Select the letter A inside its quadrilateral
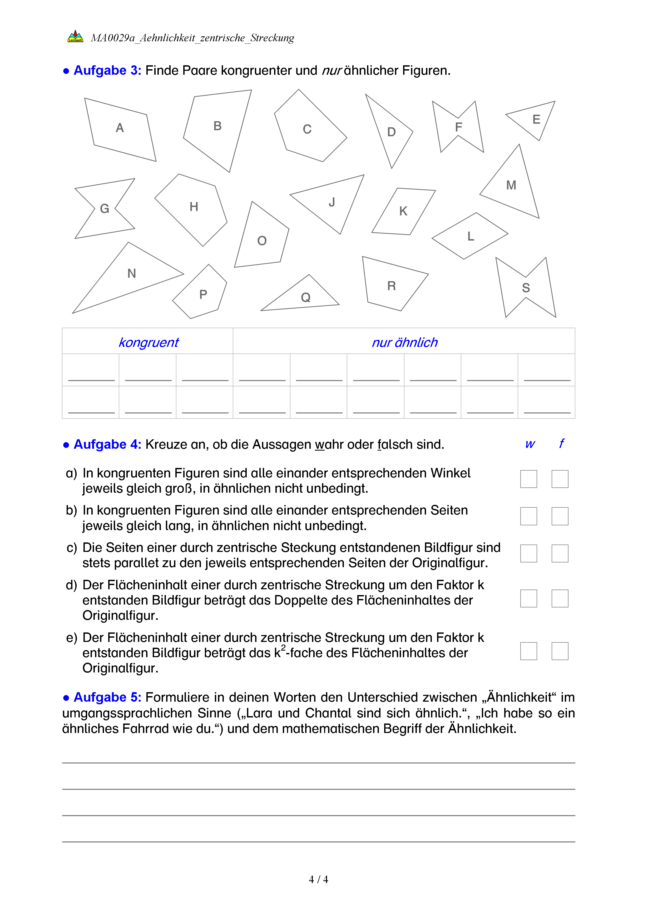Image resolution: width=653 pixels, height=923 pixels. click(x=120, y=128)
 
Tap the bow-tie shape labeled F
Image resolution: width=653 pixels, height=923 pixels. click(x=458, y=127)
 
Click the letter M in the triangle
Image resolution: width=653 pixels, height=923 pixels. click(x=511, y=185)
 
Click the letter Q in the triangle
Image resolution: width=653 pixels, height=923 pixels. click(x=306, y=297)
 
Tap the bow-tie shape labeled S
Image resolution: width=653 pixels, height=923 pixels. click(x=526, y=288)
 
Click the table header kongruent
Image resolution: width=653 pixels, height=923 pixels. click(x=148, y=342)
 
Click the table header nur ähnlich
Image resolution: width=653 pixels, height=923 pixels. click(x=404, y=342)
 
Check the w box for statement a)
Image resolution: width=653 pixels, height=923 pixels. click(x=528, y=479)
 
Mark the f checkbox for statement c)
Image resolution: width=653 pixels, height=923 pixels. click(x=560, y=553)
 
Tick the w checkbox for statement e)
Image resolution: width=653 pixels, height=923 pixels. click(x=528, y=651)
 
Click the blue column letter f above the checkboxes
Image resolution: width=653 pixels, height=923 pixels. click(x=561, y=443)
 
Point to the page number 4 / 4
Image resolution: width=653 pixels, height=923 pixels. click(x=318, y=880)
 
